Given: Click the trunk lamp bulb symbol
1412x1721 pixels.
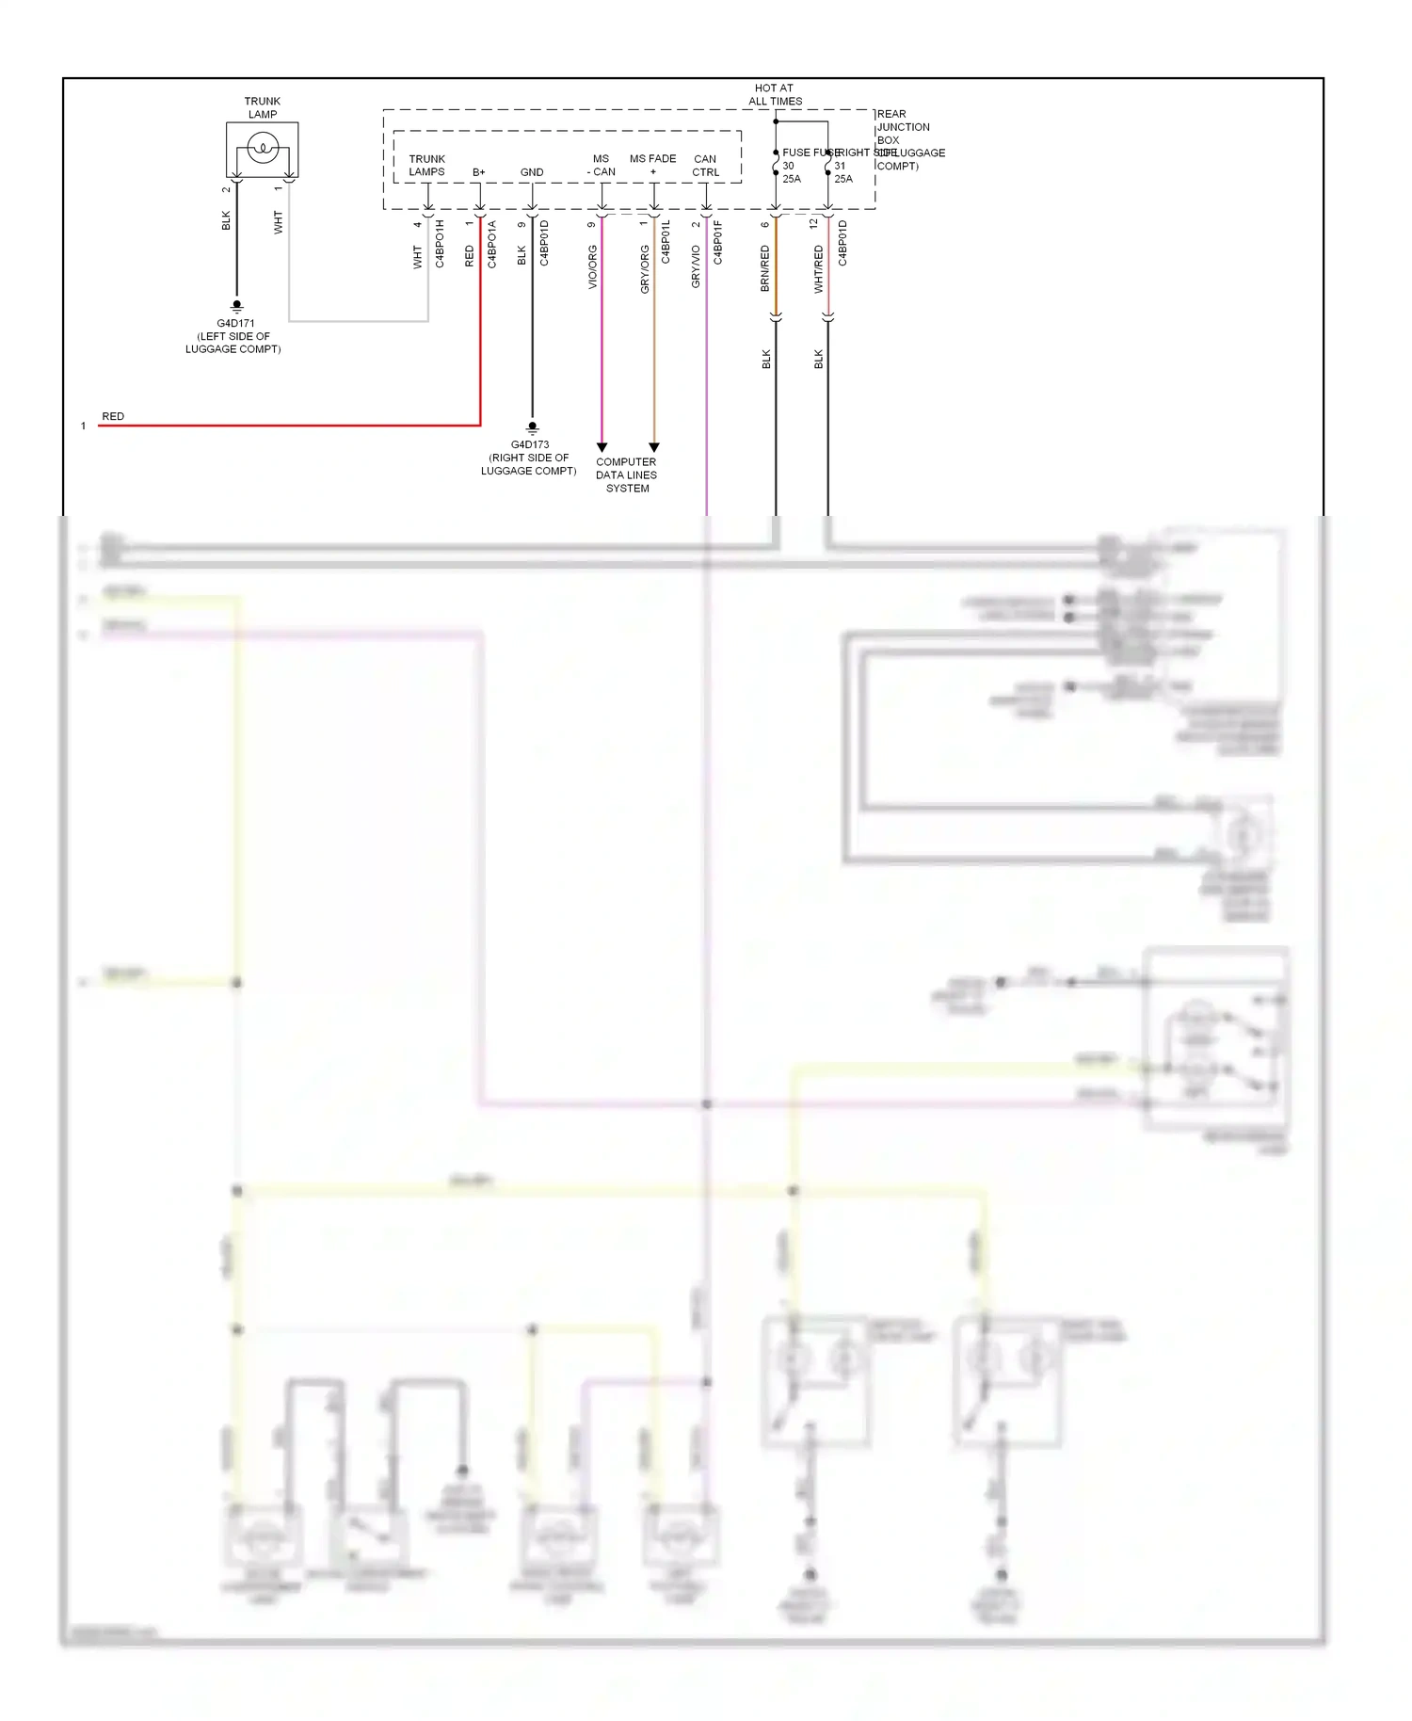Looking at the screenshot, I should coord(263,148).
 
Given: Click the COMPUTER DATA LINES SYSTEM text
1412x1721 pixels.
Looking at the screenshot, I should coord(627,475).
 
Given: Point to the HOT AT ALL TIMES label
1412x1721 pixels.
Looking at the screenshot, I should coord(775,94).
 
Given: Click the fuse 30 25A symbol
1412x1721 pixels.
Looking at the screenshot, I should coord(776,166).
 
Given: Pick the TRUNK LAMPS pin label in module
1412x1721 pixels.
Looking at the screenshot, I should coord(426,166).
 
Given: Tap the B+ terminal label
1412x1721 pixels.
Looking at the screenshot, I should coord(479,172).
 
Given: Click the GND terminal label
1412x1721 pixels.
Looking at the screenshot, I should coord(532,172).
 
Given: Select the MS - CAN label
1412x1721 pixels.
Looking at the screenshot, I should coord(601,166).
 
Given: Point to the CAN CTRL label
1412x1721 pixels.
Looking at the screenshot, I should coord(705,166).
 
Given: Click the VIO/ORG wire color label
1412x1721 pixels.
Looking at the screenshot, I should coord(593,267).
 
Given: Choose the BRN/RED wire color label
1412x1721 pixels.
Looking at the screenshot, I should coord(765,268).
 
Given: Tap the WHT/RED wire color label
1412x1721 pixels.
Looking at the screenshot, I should coord(819,269).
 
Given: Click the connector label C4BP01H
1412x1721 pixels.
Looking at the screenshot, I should coord(440,244).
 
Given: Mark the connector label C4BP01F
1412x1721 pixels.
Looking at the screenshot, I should coord(717,242).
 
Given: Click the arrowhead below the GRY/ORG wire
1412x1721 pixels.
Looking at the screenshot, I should coord(654,447).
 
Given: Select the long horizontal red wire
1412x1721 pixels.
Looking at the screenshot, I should coord(282,426).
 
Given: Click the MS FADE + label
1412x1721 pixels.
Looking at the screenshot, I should coord(652,166).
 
